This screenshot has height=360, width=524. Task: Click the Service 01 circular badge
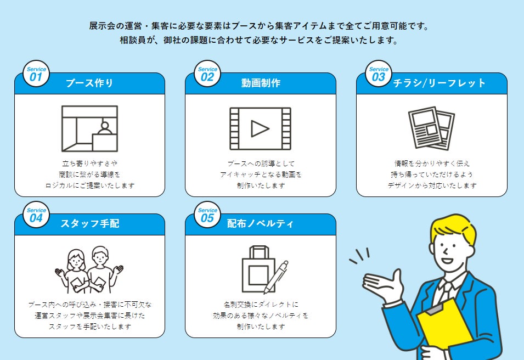click(36, 74)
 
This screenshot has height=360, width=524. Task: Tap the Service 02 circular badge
click(207, 74)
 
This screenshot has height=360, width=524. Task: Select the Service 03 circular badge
click(378, 74)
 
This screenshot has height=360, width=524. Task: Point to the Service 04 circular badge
click(36, 215)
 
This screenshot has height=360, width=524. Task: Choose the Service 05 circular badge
click(207, 215)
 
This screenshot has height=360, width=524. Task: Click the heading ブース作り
click(89, 83)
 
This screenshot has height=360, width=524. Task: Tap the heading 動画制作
click(261, 83)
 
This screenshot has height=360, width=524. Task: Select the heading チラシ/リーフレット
click(439, 83)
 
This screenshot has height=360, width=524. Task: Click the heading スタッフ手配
click(89, 223)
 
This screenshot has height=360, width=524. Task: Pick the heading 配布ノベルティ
click(260, 223)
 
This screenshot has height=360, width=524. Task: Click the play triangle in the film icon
click(260, 129)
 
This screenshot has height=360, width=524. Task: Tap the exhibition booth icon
click(89, 129)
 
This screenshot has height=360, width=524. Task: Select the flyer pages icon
click(431, 128)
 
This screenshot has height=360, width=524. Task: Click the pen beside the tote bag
click(276, 277)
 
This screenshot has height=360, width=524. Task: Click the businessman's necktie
click(444, 293)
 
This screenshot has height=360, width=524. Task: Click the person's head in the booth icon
click(105, 126)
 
